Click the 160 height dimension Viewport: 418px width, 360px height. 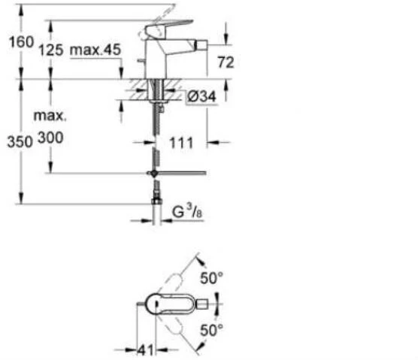coord(21,42)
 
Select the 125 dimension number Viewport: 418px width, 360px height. coord(51,50)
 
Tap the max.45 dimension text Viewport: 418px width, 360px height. coord(95,50)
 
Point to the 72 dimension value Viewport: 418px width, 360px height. coord(226,62)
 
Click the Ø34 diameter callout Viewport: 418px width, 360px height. coord(201,96)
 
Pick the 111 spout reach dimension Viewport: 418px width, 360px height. coord(181,143)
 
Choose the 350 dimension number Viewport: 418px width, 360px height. coord(20,141)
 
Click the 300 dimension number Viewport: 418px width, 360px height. coord(50,138)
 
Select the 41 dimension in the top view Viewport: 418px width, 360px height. coord(146,350)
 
